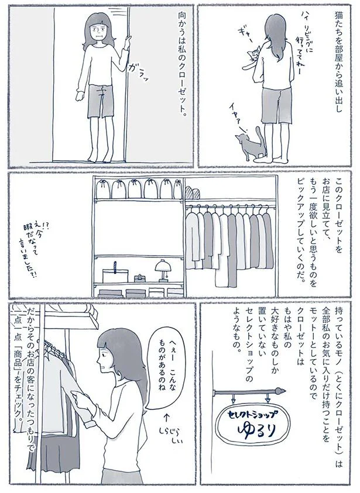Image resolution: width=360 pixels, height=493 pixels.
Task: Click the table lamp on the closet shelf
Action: click(161, 269)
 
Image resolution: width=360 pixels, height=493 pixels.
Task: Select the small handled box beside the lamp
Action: click(139, 277)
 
